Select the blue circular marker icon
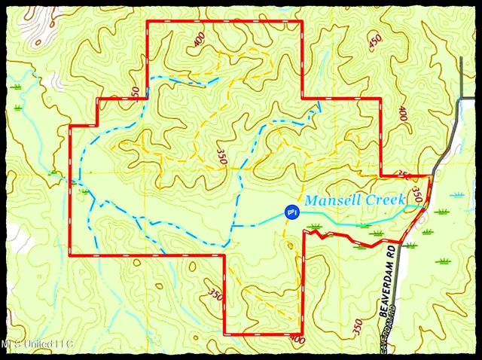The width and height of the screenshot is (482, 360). coord(291,213)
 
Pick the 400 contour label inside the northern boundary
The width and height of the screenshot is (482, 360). coord(199,39)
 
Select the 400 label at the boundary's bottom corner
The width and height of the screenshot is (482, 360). coord(297,340)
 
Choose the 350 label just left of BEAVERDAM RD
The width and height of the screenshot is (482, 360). coord(357,327)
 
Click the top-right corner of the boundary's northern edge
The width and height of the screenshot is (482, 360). coord(302,21)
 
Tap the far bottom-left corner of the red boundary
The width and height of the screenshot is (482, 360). coord(70,255)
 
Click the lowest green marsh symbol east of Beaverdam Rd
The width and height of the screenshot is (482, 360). coord(443,261)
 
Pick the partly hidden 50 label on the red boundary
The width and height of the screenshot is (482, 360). coord(134,92)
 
